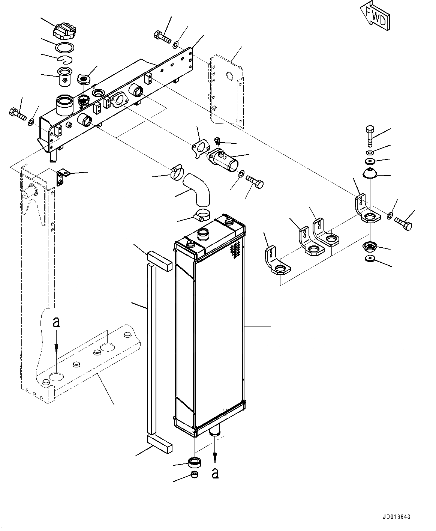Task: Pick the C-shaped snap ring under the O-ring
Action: (64, 59)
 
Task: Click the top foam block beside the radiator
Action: (159, 260)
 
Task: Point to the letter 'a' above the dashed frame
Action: (56, 322)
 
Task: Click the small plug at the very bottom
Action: (194, 475)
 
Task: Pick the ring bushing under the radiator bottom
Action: (195, 462)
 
